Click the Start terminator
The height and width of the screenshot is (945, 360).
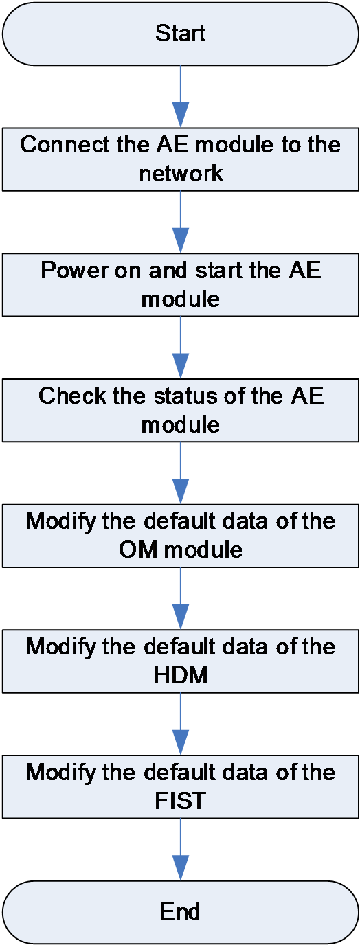pyautogui.click(x=180, y=34)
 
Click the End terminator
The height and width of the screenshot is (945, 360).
pyautogui.click(x=180, y=911)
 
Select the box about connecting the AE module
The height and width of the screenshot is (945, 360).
pyautogui.click(x=180, y=159)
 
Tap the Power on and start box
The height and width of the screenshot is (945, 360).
pyautogui.click(x=180, y=285)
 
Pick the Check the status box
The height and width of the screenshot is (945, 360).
pyautogui.click(x=180, y=410)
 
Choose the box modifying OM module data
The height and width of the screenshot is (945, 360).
pyautogui.click(x=180, y=536)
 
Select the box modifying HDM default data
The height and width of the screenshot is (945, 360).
pyautogui.click(x=180, y=661)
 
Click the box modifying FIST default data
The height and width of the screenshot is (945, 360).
pyautogui.click(x=180, y=787)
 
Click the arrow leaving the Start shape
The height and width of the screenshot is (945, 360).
pyautogui.click(x=181, y=97)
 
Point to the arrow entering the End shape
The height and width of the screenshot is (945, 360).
pyautogui.click(x=181, y=850)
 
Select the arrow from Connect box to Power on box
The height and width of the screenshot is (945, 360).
pyautogui.click(x=181, y=222)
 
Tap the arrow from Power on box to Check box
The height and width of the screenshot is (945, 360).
pyautogui.click(x=181, y=348)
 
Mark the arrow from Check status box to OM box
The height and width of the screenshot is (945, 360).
pyautogui.click(x=181, y=473)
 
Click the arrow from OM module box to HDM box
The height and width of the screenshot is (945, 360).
pyautogui.click(x=181, y=598)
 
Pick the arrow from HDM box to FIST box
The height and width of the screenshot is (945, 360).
pyautogui.click(x=181, y=724)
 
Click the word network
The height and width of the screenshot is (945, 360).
pyautogui.click(x=181, y=173)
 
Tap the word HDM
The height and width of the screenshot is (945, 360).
pyautogui.click(x=181, y=675)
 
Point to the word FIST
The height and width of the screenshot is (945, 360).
pyautogui.click(x=180, y=801)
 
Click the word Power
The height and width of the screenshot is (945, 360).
pyautogui.click(x=74, y=270)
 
